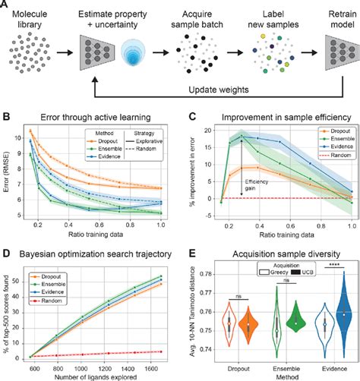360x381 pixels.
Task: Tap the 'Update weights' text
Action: [x=196, y=90]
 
